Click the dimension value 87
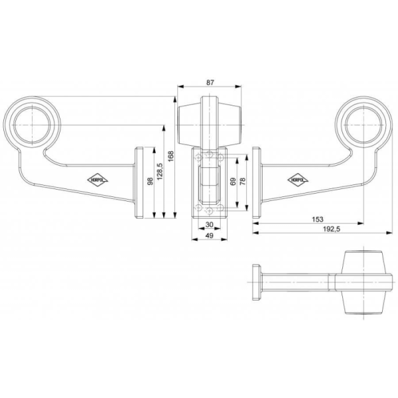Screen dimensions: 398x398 [210, 83]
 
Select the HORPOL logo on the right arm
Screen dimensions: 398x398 [297, 178]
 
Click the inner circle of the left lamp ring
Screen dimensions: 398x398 [33, 122]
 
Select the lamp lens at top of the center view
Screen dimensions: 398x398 [209, 119]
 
